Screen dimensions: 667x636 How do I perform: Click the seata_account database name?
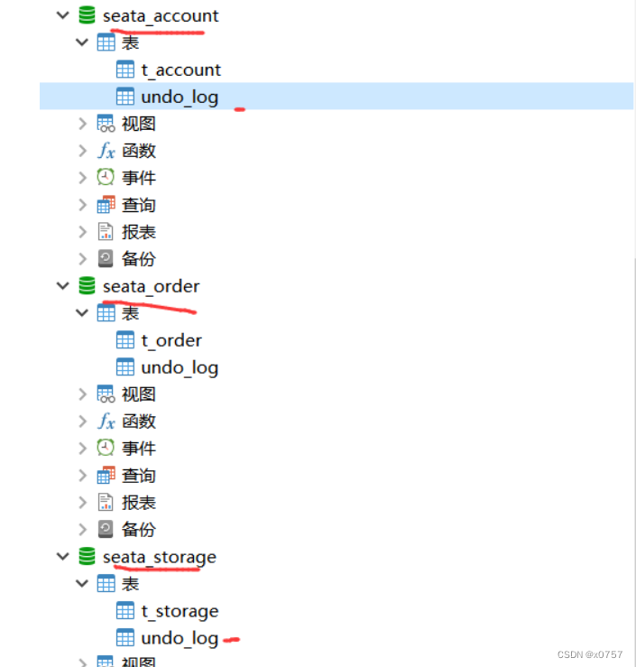[161, 15]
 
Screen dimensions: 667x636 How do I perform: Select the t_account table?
[180, 69]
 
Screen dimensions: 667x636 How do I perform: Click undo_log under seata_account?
[180, 97]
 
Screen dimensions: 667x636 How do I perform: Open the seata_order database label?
[151, 286]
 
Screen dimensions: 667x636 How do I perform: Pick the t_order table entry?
[171, 340]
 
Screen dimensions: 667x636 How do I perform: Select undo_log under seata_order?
[180, 367]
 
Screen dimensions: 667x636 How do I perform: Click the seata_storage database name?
[159, 557]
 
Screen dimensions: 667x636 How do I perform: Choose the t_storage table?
[180, 611]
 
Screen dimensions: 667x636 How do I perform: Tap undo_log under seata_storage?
[180, 638]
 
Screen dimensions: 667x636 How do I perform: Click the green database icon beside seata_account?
[88, 15]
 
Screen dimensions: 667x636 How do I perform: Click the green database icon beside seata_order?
[88, 286]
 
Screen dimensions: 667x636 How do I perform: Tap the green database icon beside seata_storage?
[88, 557]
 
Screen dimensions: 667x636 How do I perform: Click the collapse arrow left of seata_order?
[62, 286]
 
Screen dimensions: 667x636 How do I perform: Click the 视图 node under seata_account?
[138, 124]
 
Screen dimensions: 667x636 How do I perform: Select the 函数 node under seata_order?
[138, 422]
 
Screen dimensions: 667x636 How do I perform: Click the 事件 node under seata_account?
[138, 178]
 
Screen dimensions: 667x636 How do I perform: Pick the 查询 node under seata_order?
[138, 476]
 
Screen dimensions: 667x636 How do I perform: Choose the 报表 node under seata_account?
[138, 232]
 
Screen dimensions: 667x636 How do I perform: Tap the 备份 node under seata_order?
[138, 530]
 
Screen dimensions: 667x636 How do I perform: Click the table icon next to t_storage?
[125, 611]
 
